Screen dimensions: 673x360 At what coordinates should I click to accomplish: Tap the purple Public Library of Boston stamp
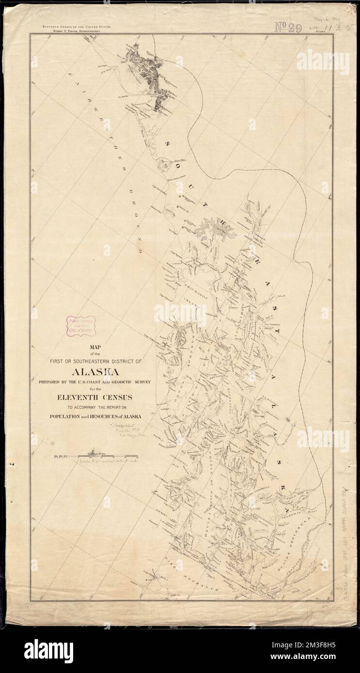point(81,325)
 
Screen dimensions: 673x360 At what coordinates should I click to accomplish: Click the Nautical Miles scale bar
point(96,456)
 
